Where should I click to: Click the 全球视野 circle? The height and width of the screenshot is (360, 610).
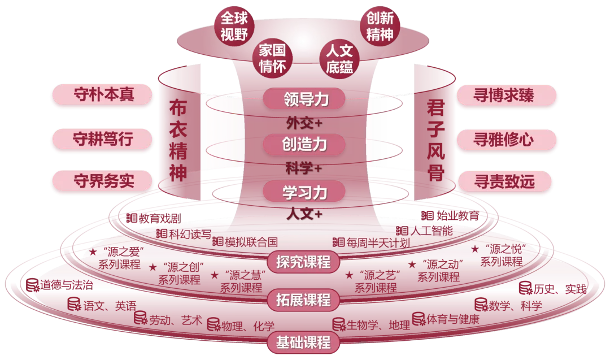pyautogui.click(x=234, y=26)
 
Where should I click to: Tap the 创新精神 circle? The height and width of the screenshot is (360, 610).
pyautogui.click(x=380, y=26)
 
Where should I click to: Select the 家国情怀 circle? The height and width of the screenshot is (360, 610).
pyautogui.click(x=272, y=58)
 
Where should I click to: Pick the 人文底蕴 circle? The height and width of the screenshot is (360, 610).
pyautogui.click(x=339, y=58)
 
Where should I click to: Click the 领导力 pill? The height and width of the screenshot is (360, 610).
pyautogui.click(x=304, y=99)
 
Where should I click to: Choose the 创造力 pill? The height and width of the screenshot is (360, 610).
pyautogui.click(x=304, y=144)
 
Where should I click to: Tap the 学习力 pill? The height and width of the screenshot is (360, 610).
pyautogui.click(x=304, y=192)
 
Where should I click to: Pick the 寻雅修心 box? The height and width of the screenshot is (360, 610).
pyautogui.click(x=506, y=139)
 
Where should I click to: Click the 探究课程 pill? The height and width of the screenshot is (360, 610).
pyautogui.click(x=303, y=262)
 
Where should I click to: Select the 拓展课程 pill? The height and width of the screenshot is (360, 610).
pyautogui.click(x=303, y=300)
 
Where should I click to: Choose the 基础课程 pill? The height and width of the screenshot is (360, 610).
pyautogui.click(x=303, y=342)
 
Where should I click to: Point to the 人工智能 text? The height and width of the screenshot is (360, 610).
pyautogui.click(x=432, y=231)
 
